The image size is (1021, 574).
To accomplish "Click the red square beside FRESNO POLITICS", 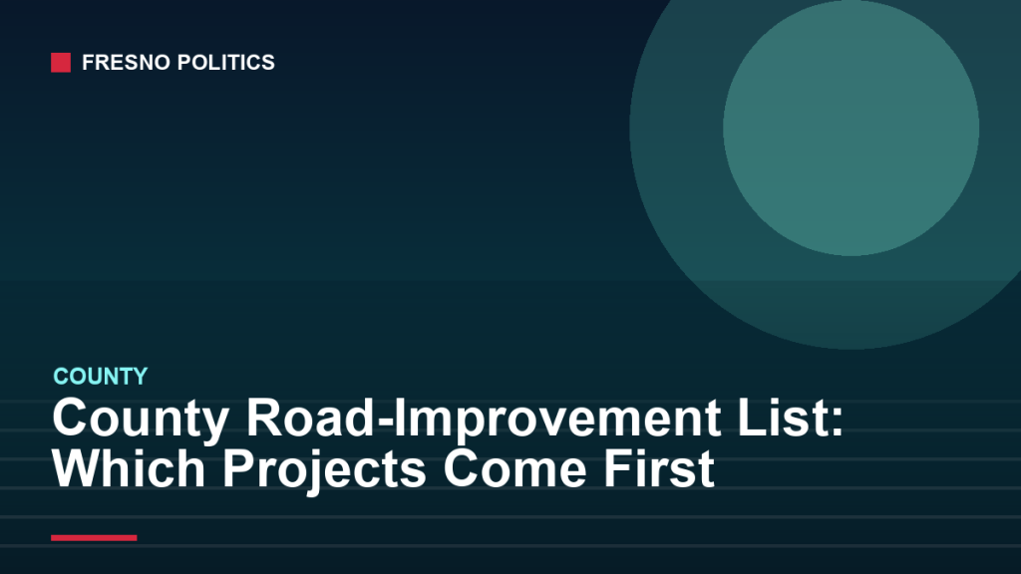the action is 61,63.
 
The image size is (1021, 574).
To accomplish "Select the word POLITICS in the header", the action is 226,63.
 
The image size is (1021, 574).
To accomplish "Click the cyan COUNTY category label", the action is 101,376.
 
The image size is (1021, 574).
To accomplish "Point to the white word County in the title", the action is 140,419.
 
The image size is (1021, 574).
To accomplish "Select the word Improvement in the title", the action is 557,419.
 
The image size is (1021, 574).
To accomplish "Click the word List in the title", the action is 783,418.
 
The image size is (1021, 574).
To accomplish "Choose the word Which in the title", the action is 129,468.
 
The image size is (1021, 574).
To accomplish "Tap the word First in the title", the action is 659,468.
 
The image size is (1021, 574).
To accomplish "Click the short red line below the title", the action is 94,537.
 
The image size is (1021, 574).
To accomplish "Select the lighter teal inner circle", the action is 851,128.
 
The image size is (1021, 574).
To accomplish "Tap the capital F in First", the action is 619,468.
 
